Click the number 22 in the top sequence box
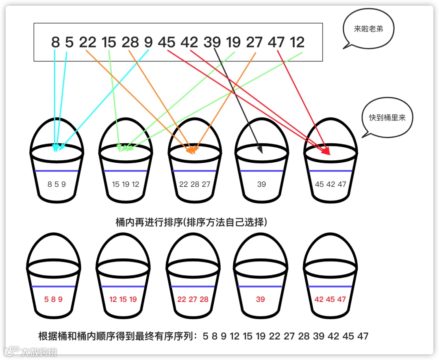87,42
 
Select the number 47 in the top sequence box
276,42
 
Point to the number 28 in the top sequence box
130,42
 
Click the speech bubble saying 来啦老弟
368,29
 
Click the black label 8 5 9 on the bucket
57,184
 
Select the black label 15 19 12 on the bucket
125,184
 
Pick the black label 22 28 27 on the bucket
195,184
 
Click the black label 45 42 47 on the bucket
330,184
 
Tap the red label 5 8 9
53,299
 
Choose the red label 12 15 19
123,299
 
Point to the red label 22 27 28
193,299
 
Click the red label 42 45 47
330,299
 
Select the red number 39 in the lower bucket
261,299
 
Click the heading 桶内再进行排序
191,223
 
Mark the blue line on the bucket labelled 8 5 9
57,171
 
